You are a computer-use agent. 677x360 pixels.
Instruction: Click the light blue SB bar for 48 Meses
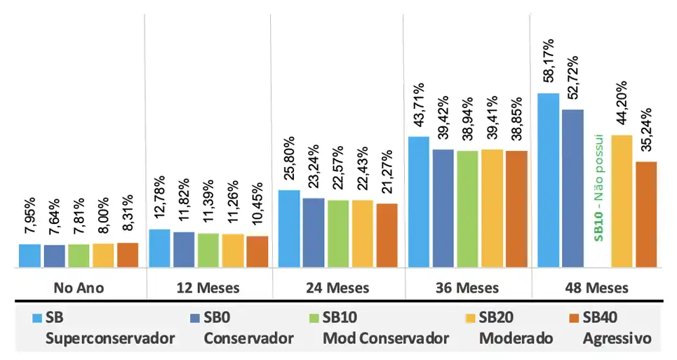coord(548,180)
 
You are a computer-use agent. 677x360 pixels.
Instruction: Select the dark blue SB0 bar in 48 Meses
coord(572,188)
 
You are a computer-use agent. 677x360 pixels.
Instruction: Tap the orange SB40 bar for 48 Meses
coord(645,214)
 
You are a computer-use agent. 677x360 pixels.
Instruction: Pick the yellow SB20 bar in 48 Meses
coord(622,201)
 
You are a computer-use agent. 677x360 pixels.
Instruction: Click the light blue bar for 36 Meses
coord(419,201)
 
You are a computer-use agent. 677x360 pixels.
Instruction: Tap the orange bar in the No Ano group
coord(128,255)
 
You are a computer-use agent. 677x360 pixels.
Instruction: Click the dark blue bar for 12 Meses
coord(184,249)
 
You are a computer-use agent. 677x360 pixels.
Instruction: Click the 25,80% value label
coord(290,162)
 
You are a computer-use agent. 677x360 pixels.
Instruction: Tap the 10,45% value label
coord(257,207)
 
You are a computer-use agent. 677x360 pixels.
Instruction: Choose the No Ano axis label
coord(79,288)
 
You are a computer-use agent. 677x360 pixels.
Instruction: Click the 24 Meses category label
coord(337,288)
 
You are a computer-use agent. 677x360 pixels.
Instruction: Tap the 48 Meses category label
coord(597,288)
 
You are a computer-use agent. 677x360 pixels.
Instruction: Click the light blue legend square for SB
coord(36,318)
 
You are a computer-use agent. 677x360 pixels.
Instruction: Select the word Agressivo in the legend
coord(617,338)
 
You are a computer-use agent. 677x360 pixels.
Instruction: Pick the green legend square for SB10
coord(313,318)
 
